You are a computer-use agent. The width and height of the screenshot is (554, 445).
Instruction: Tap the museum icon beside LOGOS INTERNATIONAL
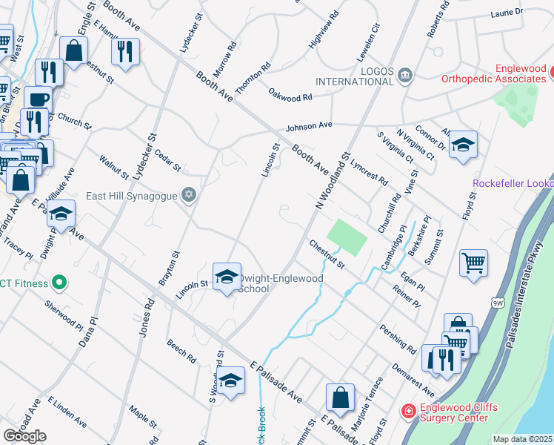404,74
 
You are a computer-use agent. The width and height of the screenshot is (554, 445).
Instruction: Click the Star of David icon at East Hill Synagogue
189,194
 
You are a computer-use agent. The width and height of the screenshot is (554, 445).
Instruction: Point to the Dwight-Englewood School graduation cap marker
227,277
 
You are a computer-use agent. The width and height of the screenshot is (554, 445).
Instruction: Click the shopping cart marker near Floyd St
473,263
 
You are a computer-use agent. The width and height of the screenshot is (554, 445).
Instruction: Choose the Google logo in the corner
24,435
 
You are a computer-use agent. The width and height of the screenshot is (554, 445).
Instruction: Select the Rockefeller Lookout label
513,183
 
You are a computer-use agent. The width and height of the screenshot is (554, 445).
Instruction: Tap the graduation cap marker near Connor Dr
463,145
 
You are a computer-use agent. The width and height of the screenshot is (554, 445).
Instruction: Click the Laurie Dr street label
507,13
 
